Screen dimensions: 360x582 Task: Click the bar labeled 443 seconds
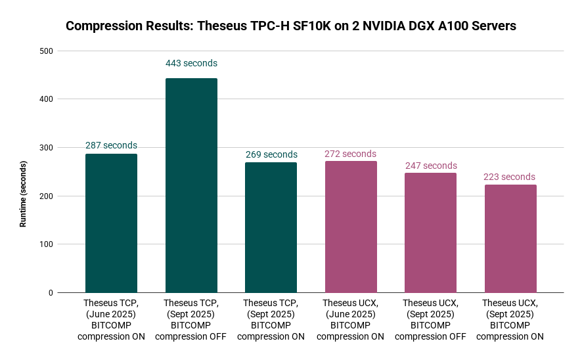191,185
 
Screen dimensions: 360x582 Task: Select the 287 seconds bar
111,223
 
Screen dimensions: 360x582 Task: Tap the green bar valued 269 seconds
271,227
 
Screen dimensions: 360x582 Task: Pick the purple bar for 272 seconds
351,227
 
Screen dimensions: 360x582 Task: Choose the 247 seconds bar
430,233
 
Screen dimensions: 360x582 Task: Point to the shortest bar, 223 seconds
510,238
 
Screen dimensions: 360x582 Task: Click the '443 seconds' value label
191,64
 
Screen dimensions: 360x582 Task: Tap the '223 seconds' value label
509,177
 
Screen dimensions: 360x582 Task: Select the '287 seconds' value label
111,145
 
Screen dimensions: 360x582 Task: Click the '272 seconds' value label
350,154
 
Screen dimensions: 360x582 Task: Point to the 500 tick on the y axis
46,51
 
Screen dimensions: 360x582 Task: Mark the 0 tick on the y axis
50,293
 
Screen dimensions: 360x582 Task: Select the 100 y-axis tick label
46,244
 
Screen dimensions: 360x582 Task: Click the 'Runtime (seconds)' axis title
23,194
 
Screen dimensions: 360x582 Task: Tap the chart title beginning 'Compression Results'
291,26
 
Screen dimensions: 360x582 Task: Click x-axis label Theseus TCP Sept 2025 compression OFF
190,320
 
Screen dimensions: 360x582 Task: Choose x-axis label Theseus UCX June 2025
350,320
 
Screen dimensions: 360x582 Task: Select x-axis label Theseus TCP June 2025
111,320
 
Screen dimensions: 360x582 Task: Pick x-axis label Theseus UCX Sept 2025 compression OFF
430,320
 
